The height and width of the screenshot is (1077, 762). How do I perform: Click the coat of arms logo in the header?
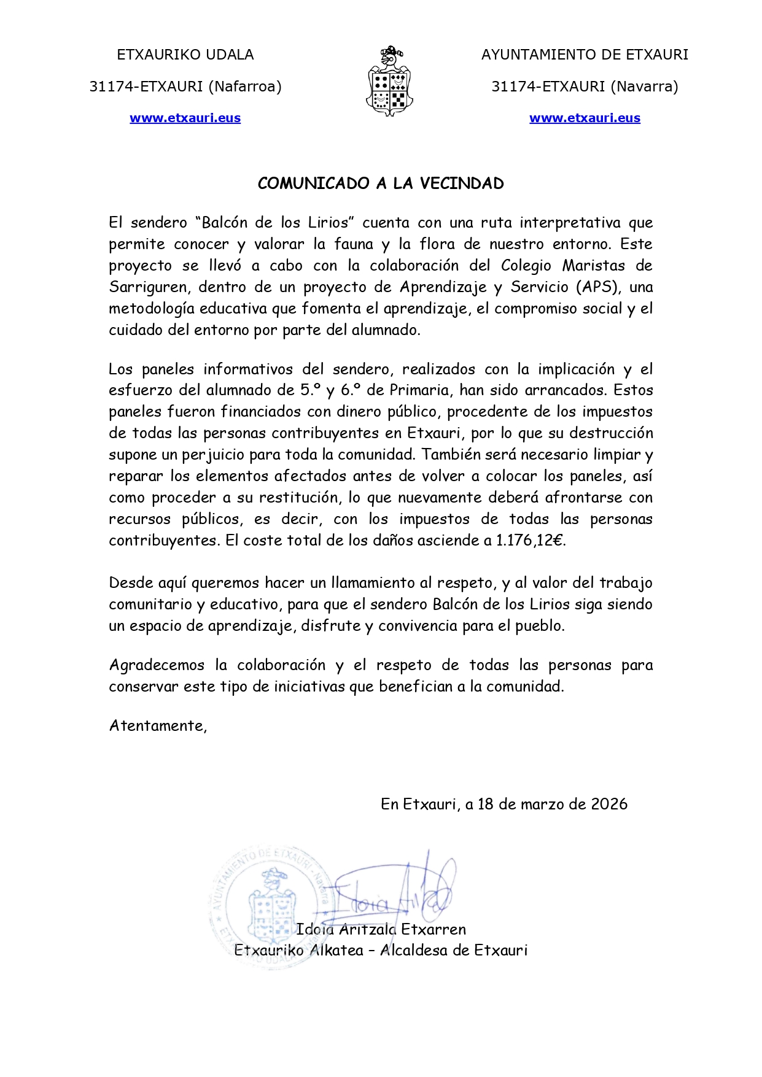click(389, 82)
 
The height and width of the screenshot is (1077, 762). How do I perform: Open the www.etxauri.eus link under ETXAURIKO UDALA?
click(185, 118)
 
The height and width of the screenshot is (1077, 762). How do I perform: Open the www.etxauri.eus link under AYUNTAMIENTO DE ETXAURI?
click(585, 118)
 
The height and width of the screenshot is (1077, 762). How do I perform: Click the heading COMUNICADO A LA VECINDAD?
click(381, 183)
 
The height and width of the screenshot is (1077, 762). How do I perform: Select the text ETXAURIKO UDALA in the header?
click(185, 55)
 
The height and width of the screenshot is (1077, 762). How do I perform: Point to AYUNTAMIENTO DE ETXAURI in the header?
click(585, 55)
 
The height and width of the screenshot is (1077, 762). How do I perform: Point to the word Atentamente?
click(157, 726)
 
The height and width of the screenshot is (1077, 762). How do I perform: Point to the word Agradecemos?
click(157, 665)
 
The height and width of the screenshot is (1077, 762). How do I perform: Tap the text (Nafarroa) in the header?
click(245, 87)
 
